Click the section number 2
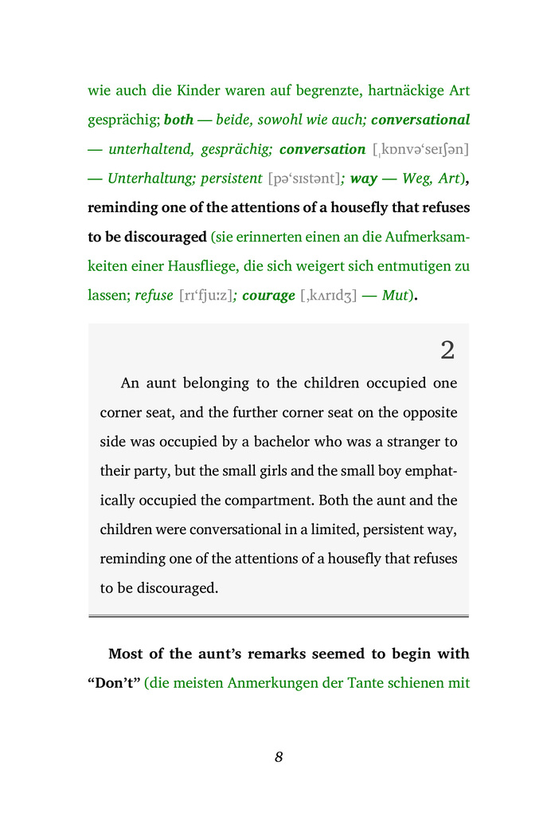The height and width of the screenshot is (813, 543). [447, 349]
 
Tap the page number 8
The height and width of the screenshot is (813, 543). [279, 757]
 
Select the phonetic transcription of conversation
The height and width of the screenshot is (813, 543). [420, 150]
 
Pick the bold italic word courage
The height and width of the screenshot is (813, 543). [268, 295]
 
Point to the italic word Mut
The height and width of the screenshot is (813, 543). [396, 295]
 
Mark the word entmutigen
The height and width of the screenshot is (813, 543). [412, 265]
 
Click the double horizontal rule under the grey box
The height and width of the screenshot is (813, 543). [279, 616]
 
